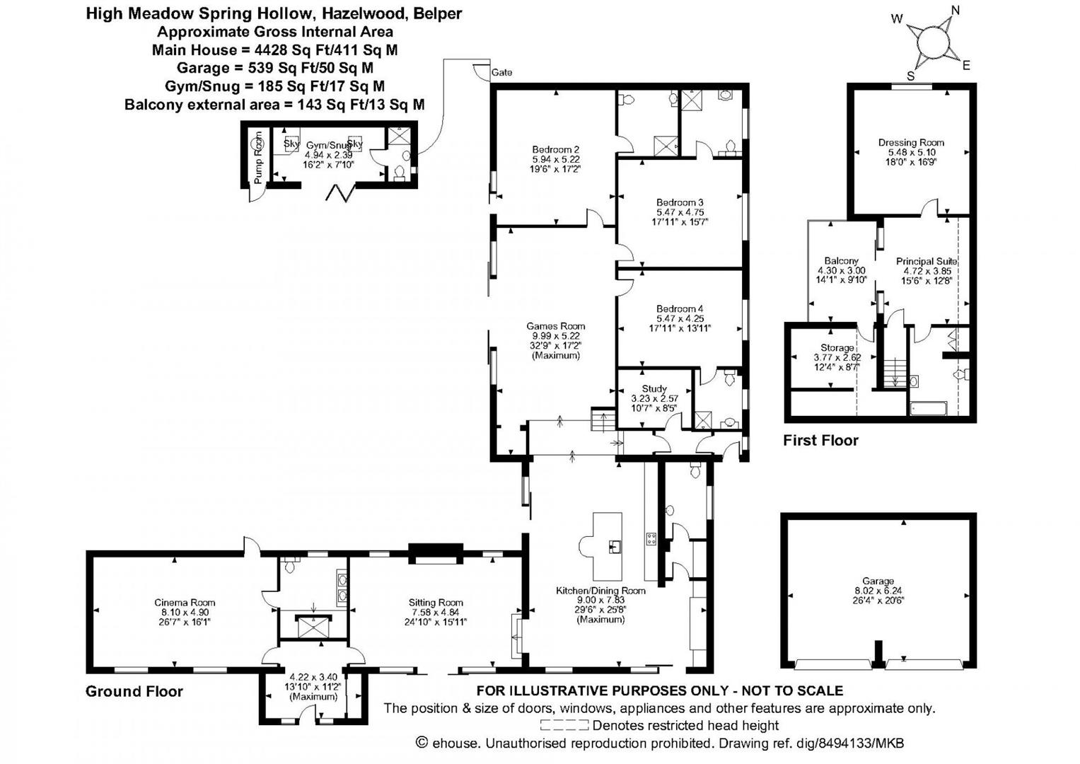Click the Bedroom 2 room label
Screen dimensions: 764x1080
[x=556, y=149]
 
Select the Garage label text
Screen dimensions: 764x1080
[x=878, y=581]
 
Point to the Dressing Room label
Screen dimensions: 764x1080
[x=911, y=142]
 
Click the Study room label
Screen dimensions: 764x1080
[x=654, y=388]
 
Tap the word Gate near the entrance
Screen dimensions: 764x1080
[x=501, y=72]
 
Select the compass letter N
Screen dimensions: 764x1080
[x=956, y=10]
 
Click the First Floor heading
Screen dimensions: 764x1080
[x=820, y=440]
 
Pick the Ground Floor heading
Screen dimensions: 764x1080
[x=134, y=691]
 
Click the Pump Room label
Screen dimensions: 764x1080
[x=258, y=158]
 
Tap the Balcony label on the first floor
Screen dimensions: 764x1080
[x=841, y=261]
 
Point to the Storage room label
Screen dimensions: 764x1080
[x=837, y=348]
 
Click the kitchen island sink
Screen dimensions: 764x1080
[x=613, y=546]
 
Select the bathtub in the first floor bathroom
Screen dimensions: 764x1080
[x=928, y=408]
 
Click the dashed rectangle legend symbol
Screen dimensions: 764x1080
[x=564, y=725]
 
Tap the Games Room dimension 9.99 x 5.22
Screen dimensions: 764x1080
[x=556, y=336]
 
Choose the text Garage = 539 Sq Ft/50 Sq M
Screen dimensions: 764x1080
[x=275, y=68]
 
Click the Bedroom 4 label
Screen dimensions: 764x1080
[x=680, y=308]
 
